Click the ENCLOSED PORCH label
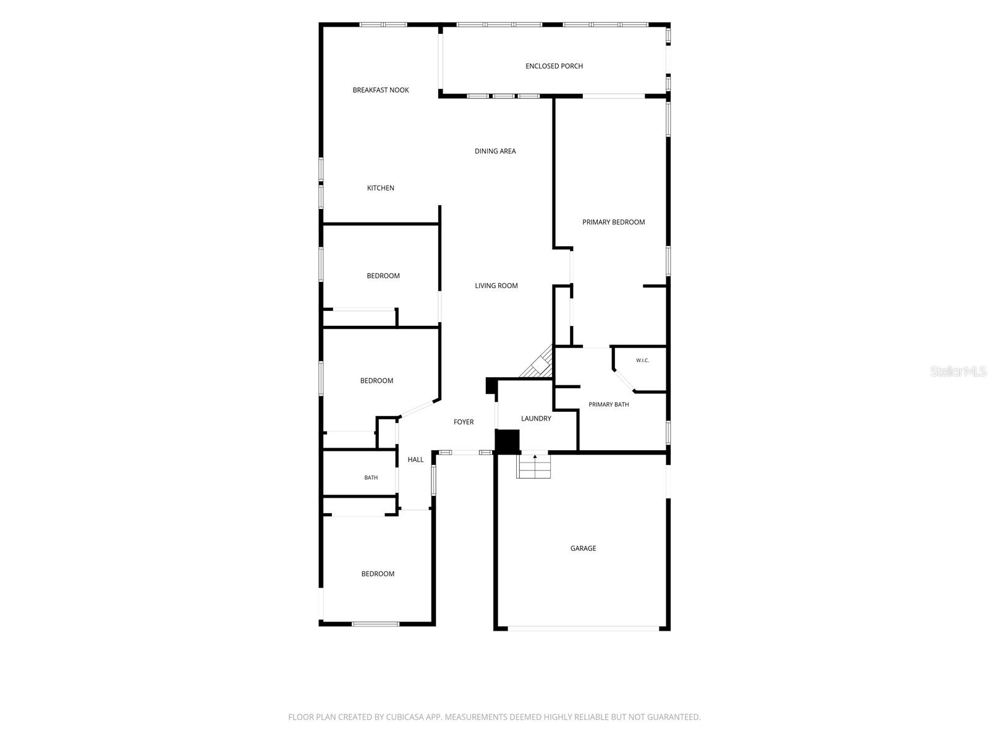554,66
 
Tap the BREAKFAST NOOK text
381,90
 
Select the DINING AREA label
495,151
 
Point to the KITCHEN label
381,189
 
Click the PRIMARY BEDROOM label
613,222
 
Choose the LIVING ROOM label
496,286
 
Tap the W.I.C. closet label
642,360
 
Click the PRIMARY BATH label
609,404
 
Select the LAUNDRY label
536,419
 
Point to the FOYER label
464,422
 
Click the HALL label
415,459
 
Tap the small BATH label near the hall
371,477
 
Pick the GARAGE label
583,548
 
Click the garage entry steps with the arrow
533,466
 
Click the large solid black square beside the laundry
507,441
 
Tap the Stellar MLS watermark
958,371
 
